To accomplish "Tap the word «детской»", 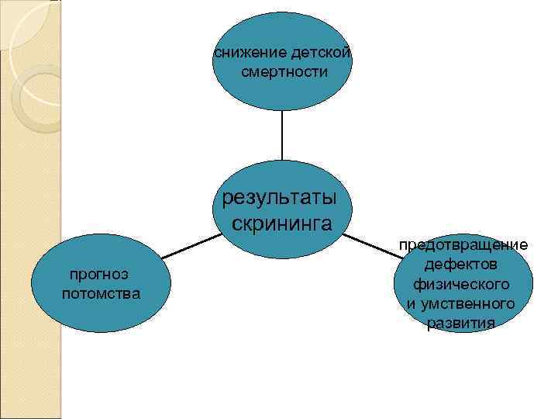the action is pyautogui.click(x=322, y=54).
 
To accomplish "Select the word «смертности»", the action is pyautogui.click(x=284, y=71).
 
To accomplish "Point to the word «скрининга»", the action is pyautogui.click(x=282, y=223).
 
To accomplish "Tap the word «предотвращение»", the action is pyautogui.click(x=463, y=245).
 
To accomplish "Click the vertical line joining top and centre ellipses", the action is pyautogui.click(x=281, y=136).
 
